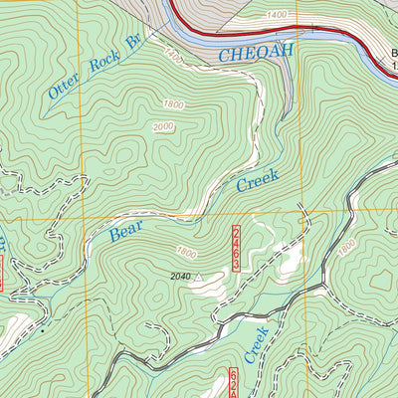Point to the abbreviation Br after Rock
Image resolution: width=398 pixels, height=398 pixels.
click(x=131, y=42)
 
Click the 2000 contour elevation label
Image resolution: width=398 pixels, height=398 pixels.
click(x=163, y=126)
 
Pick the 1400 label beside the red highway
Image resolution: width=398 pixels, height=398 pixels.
click(x=277, y=15)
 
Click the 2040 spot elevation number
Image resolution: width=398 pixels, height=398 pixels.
click(x=179, y=276)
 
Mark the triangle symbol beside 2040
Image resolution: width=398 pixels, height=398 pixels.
click(x=197, y=276)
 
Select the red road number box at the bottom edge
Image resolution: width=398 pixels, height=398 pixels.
click(x=235, y=383)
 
